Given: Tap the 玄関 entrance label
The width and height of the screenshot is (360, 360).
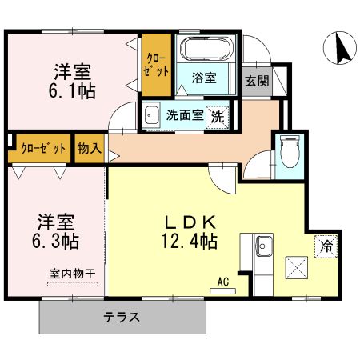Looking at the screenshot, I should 256,79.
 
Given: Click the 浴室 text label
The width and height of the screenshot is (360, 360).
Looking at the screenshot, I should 205,78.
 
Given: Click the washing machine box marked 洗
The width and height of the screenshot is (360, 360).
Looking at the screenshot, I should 217,116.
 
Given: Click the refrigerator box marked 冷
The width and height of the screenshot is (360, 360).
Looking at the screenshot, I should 326,246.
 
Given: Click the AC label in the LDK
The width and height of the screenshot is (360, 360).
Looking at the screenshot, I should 223,281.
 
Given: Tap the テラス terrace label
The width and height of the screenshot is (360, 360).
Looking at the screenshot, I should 122,317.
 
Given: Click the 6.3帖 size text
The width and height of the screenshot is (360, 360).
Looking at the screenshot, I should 57,239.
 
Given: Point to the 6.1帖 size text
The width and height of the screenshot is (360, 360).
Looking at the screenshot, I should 71,90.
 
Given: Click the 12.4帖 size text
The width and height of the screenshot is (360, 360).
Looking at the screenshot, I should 192,239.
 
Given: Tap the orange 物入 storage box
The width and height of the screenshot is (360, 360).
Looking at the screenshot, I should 90,149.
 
